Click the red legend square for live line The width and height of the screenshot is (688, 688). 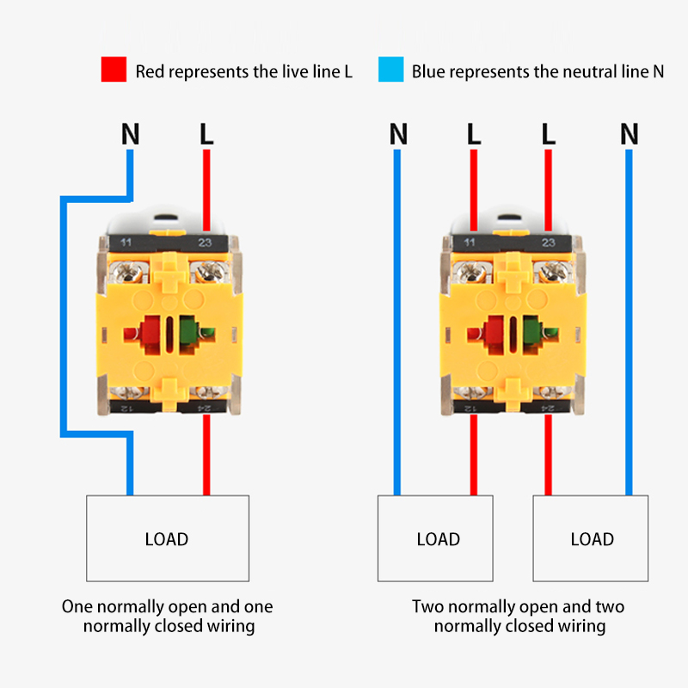click(x=114, y=70)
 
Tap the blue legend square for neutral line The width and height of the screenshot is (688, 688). click(x=390, y=70)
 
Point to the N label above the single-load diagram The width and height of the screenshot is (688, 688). click(x=130, y=134)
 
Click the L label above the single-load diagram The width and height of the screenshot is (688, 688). click(x=206, y=134)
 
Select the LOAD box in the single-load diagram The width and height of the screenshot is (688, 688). click(x=167, y=538)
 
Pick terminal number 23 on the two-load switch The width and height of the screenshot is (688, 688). click(x=548, y=243)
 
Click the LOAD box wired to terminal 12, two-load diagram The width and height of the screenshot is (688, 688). click(x=436, y=538)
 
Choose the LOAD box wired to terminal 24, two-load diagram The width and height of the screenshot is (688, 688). click(x=591, y=538)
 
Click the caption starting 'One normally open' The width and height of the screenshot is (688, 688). click(x=168, y=617)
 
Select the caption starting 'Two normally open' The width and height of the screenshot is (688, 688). click(x=519, y=617)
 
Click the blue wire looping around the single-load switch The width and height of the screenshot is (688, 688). click(x=63, y=318)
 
